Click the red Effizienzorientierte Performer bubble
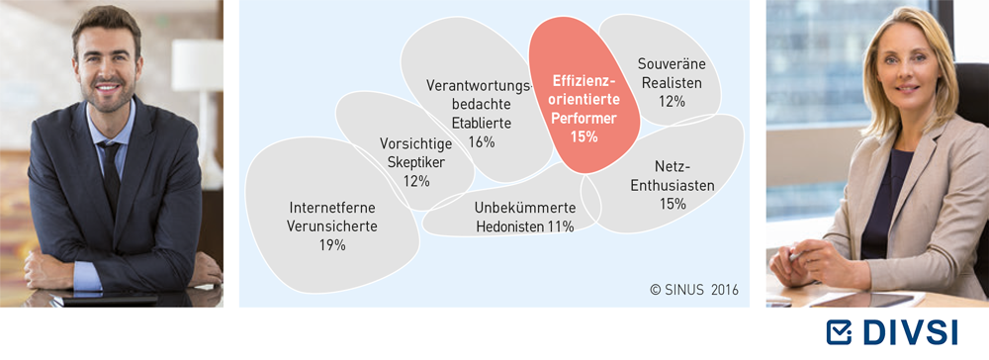tap(584, 95)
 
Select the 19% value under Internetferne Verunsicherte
tap(332, 245)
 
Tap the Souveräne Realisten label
tap(671, 73)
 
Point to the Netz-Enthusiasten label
tap(674, 176)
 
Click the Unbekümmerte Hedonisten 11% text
tap(525, 217)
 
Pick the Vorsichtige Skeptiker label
tap(416, 152)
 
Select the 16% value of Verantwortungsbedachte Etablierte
tap(482, 141)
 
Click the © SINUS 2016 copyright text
tap(694, 290)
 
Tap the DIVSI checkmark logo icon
tap(839, 332)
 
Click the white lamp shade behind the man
tap(197, 65)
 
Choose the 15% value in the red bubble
tap(584, 136)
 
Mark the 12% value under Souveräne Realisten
tap(672, 101)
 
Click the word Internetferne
tap(332, 208)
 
